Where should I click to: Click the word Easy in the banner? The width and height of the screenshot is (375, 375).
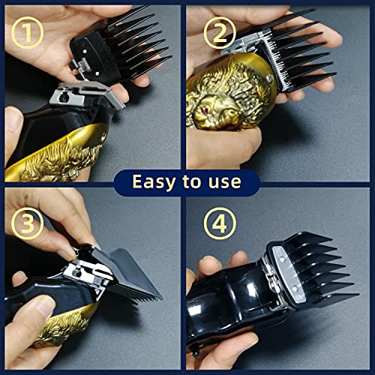point(154,181)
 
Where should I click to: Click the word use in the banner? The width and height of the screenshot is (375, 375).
point(225,182)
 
